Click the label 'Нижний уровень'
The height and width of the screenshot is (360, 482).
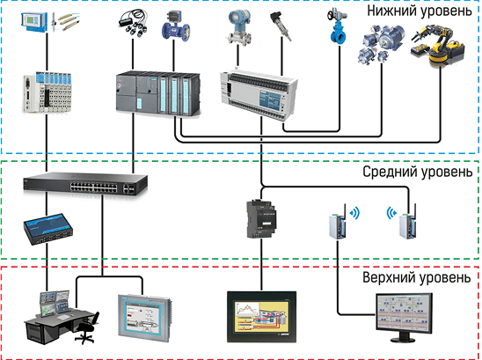[420, 11]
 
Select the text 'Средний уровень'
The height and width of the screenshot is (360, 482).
[419, 172]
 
